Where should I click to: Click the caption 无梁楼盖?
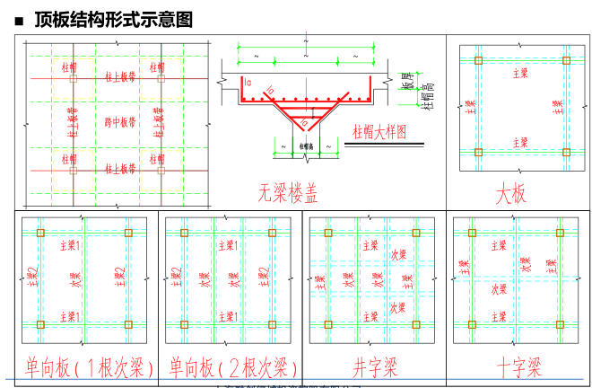(289, 192)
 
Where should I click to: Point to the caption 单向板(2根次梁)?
(231, 367)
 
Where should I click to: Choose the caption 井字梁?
(375, 367)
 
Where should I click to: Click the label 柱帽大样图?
(377, 131)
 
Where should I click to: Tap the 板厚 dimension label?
(408, 81)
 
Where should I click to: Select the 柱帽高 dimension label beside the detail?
(429, 94)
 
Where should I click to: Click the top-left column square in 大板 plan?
(478, 61)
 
